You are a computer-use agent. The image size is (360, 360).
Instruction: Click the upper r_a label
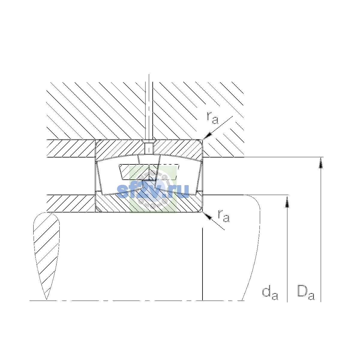pyautogui.click(x=212, y=118)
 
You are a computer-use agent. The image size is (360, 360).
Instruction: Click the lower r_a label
pyautogui.click(x=224, y=216)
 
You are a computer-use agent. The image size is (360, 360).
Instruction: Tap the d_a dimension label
pyautogui.click(x=270, y=293)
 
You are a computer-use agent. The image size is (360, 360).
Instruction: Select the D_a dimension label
pyautogui.click(x=306, y=292)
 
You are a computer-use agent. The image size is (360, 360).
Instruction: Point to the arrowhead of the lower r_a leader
pyautogui.click(x=207, y=216)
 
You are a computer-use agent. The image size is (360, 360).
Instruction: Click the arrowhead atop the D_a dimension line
pyautogui.click(x=321, y=163)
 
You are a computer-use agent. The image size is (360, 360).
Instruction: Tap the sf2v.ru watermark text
pyautogui.click(x=153, y=190)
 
